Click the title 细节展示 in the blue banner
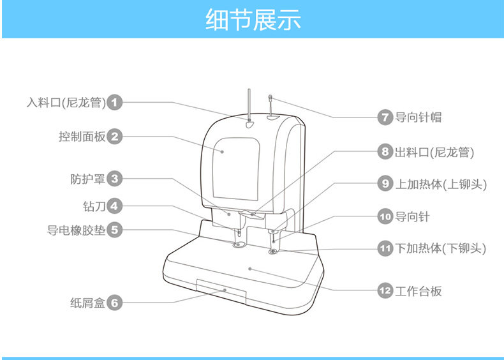point(253,19)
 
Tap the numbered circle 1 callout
point(114,101)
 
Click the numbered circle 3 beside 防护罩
point(114,179)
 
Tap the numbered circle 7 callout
point(385,117)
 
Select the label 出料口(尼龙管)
point(434,152)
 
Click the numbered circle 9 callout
point(385,184)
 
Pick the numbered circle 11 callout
point(385,248)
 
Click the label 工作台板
point(419,291)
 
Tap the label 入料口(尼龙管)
point(66,101)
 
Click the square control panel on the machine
point(237,167)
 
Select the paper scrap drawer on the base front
point(221,290)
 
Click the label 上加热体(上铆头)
point(441,184)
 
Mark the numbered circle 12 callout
point(385,291)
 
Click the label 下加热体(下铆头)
point(441,248)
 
